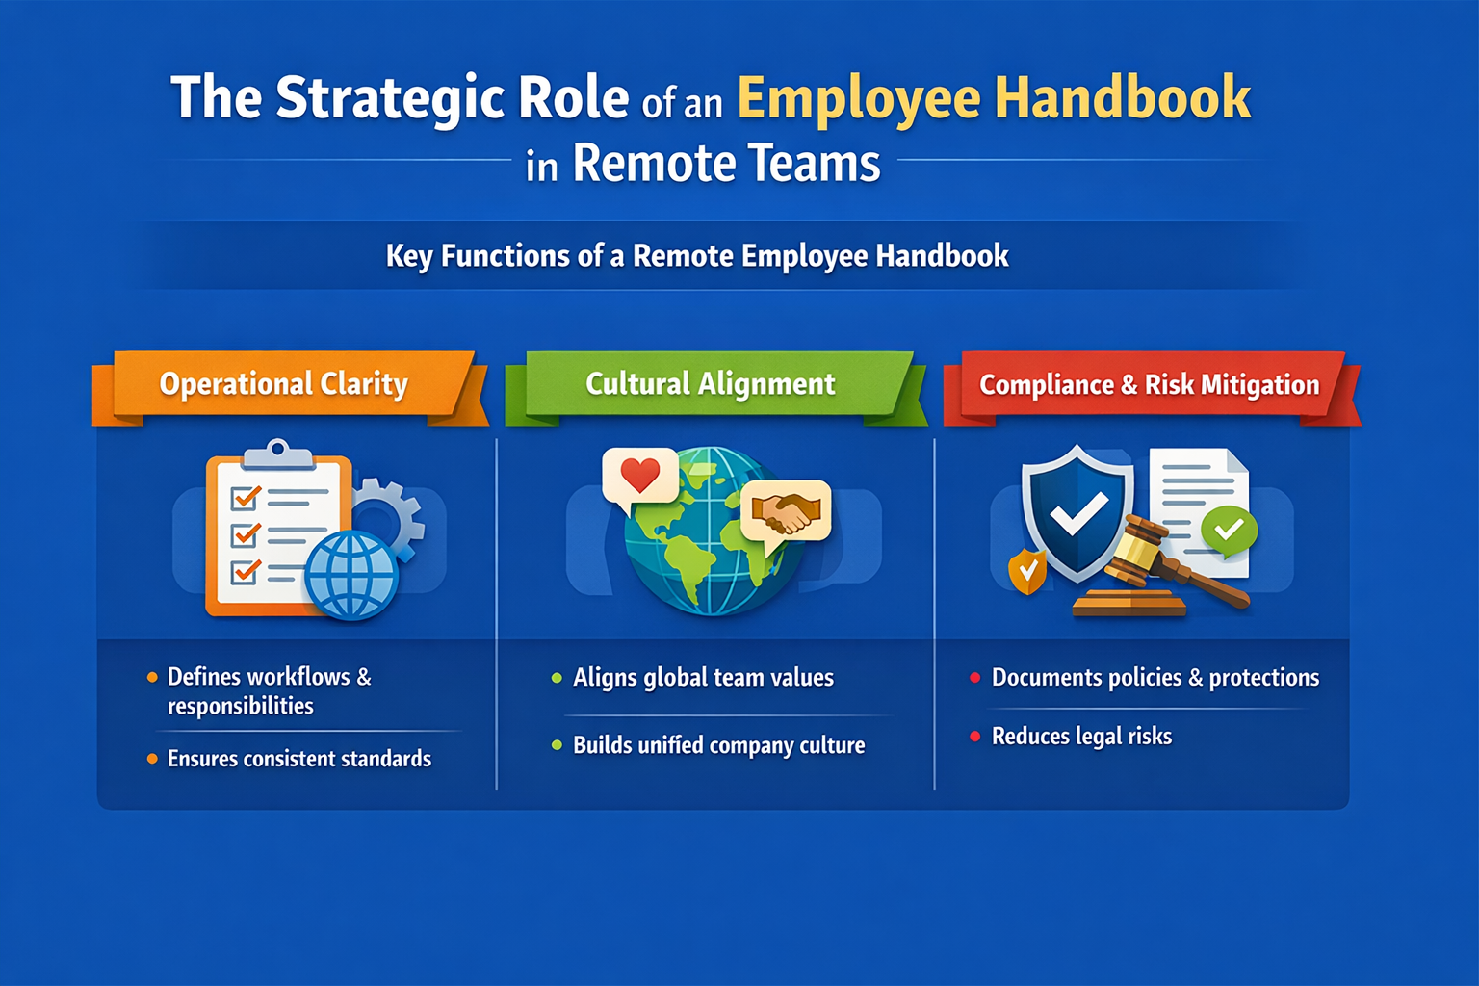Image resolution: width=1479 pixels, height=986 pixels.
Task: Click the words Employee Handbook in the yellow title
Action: point(994,98)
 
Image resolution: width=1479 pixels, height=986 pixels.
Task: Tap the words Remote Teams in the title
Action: point(726,163)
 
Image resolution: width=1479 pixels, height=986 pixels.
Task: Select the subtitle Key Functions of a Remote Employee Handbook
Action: point(697,256)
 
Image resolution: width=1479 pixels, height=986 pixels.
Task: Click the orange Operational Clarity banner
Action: point(283,384)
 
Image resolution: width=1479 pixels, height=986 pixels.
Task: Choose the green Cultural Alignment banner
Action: point(710,384)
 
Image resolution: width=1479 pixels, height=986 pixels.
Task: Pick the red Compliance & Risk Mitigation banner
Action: point(1149,385)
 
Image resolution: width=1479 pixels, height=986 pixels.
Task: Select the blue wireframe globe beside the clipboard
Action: point(351,575)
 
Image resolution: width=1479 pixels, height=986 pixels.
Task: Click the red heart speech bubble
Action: point(639,476)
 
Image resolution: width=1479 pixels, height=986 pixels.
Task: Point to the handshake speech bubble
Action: point(786,511)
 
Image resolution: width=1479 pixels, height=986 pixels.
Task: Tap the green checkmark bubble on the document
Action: point(1229,529)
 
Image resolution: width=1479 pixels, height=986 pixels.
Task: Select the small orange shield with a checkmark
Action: point(1027,571)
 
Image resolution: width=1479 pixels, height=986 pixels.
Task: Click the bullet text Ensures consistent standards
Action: point(298,759)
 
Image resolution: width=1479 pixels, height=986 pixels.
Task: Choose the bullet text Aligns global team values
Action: point(703,678)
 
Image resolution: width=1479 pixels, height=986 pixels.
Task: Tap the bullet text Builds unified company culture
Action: point(718,745)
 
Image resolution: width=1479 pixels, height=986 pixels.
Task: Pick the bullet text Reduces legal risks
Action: point(1081,737)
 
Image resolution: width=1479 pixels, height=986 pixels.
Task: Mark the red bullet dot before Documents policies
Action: point(974,678)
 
